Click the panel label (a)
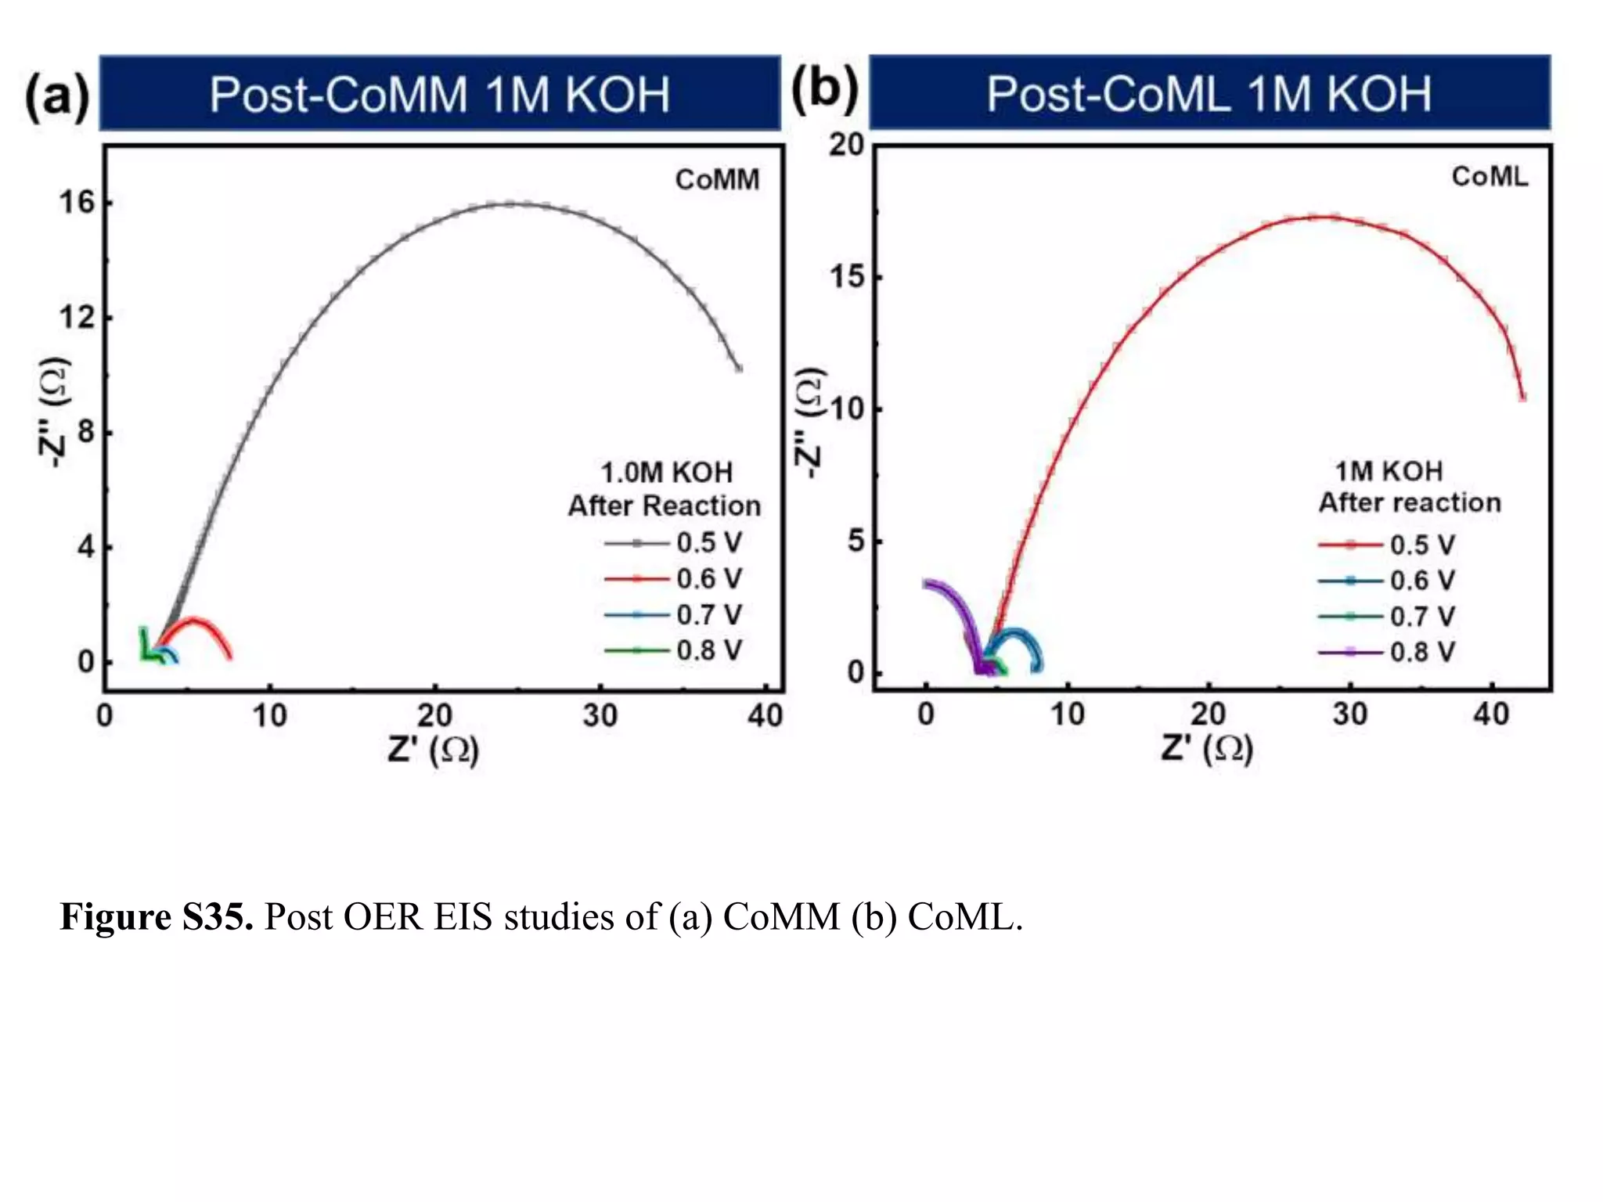(x=56, y=96)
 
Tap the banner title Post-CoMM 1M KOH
(x=439, y=95)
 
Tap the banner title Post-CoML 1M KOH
(x=1209, y=94)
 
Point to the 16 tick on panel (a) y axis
(x=76, y=203)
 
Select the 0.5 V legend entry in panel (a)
(x=673, y=542)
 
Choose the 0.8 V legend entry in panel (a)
(x=673, y=650)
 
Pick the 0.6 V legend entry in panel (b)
(x=1386, y=581)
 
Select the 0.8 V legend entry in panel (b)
(x=1386, y=652)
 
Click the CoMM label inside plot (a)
(x=717, y=180)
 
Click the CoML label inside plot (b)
(x=1489, y=177)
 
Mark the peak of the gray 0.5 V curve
(x=510, y=204)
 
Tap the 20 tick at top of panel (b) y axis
(x=846, y=145)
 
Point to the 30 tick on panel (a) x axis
(x=600, y=715)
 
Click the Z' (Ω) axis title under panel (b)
(x=1206, y=748)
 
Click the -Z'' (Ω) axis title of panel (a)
(x=54, y=413)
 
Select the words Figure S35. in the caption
(x=156, y=916)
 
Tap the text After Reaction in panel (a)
(x=664, y=506)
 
